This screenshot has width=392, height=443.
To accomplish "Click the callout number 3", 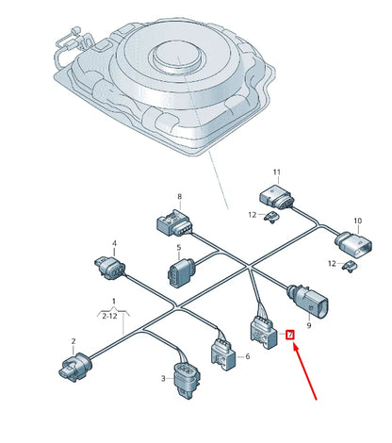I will (162, 379).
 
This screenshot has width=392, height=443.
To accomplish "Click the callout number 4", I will (114, 242).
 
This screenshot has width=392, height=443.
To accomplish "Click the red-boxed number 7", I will (290, 334).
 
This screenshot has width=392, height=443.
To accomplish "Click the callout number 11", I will (277, 172).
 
